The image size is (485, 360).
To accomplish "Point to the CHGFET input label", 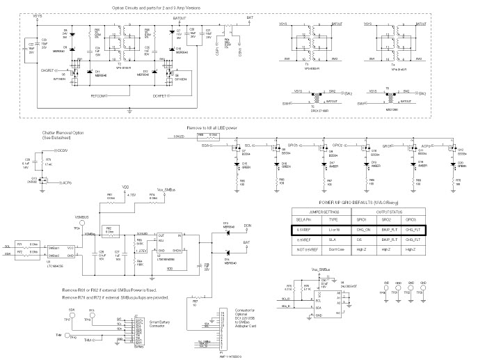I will (49, 70).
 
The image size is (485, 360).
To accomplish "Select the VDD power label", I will (125, 187).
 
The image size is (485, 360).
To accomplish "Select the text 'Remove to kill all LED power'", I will (221, 128).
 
